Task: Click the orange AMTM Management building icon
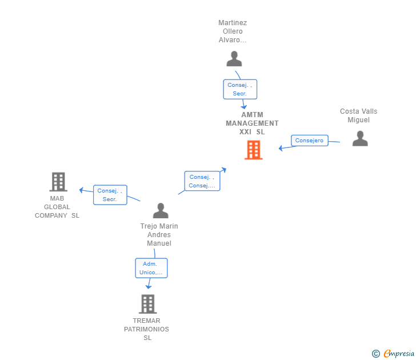pyautogui.click(x=253, y=150)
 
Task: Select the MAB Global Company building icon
pyautogui.click(x=58, y=182)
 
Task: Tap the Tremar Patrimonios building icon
pyautogui.click(x=148, y=304)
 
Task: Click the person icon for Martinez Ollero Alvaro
pyautogui.click(x=234, y=59)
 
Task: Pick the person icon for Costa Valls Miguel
pyautogui.click(x=360, y=138)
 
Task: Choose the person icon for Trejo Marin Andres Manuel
pyautogui.click(x=161, y=211)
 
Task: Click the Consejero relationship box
pyautogui.click(x=309, y=141)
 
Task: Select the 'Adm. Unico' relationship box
pyautogui.click(x=151, y=268)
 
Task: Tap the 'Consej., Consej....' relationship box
pyautogui.click(x=202, y=181)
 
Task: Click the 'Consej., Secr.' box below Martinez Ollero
pyautogui.click(x=240, y=89)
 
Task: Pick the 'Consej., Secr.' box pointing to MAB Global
pyautogui.click(x=110, y=195)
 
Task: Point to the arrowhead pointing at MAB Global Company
pyautogui.click(x=82, y=190)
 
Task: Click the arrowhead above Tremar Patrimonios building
pyautogui.click(x=149, y=286)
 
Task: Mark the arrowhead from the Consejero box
pyautogui.click(x=281, y=149)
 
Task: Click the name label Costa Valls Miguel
pyautogui.click(x=358, y=115)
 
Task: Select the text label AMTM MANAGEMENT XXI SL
pyautogui.click(x=252, y=123)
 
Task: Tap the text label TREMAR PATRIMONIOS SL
pyautogui.click(x=146, y=329)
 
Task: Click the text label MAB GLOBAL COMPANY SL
pyautogui.click(x=57, y=207)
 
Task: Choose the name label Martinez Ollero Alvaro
pyautogui.click(x=233, y=31)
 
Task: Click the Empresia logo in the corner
pyautogui.click(x=393, y=353)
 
